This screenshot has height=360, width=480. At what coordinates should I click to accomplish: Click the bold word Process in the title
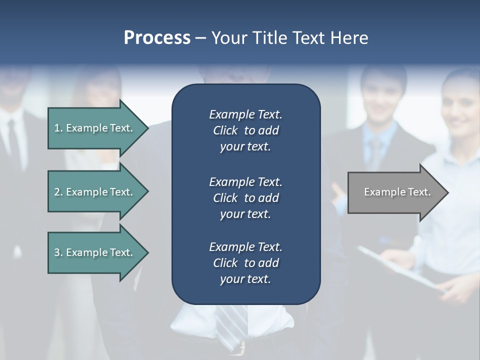[157, 38]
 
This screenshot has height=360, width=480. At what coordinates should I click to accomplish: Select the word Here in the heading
[348, 38]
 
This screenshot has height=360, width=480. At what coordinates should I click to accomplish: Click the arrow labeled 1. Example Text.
[95, 128]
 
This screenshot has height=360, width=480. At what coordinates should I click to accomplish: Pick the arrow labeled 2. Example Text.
[95, 192]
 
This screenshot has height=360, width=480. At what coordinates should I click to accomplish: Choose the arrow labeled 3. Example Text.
[95, 252]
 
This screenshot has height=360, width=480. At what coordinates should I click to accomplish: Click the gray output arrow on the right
[395, 192]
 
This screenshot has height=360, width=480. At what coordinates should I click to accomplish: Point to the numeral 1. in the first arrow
[58, 128]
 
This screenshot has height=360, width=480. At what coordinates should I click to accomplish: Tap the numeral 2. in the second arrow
[58, 192]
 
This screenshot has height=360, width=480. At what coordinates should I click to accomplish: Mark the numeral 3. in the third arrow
[58, 252]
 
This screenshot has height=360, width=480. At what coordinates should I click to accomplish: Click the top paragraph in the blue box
[245, 130]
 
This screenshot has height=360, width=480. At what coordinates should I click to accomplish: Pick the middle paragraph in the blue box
[245, 197]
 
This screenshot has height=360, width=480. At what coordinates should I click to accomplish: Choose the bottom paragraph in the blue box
[245, 262]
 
